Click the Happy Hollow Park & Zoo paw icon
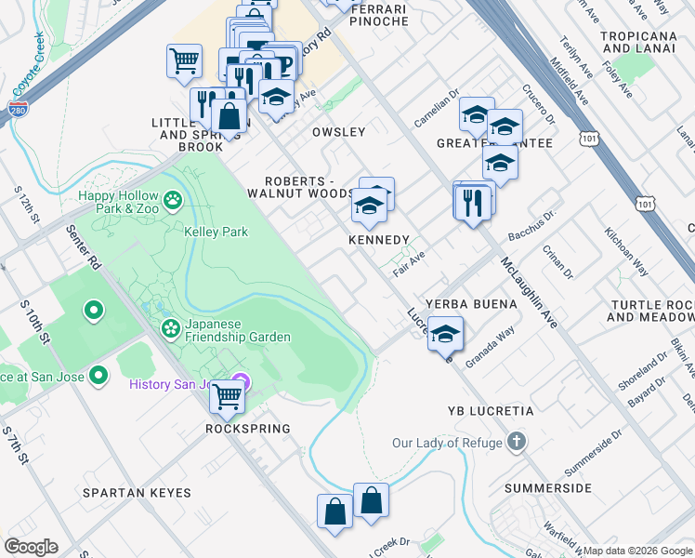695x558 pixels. tap(172, 200)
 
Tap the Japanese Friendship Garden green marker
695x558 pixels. tap(170, 327)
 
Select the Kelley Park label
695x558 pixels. tap(216, 232)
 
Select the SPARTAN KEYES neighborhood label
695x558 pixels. tap(137, 493)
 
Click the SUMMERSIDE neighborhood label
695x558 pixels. tap(548, 487)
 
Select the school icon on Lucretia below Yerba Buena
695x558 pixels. tap(445, 333)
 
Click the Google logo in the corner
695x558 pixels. tap(31, 547)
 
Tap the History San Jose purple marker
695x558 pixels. tap(241, 381)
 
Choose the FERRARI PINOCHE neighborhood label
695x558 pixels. tap(379, 14)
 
